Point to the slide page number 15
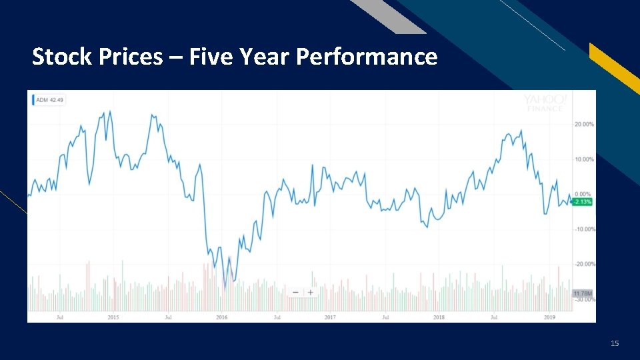pyautogui.click(x=615, y=343)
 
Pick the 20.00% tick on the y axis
pyautogui.click(x=584, y=125)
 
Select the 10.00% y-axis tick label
pyautogui.click(x=584, y=159)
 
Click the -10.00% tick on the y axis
pyautogui.click(x=584, y=229)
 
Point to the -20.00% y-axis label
pyautogui.click(x=584, y=264)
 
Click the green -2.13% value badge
pyautogui.click(x=582, y=201)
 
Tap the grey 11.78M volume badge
pyautogui.click(x=583, y=293)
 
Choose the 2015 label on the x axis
pyautogui.click(x=113, y=317)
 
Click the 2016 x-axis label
pyautogui.click(x=222, y=317)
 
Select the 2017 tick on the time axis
pyautogui.click(x=330, y=317)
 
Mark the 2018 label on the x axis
pyautogui.click(x=439, y=317)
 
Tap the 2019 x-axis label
pyautogui.click(x=549, y=317)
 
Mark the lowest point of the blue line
pyautogui.click(x=225, y=288)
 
